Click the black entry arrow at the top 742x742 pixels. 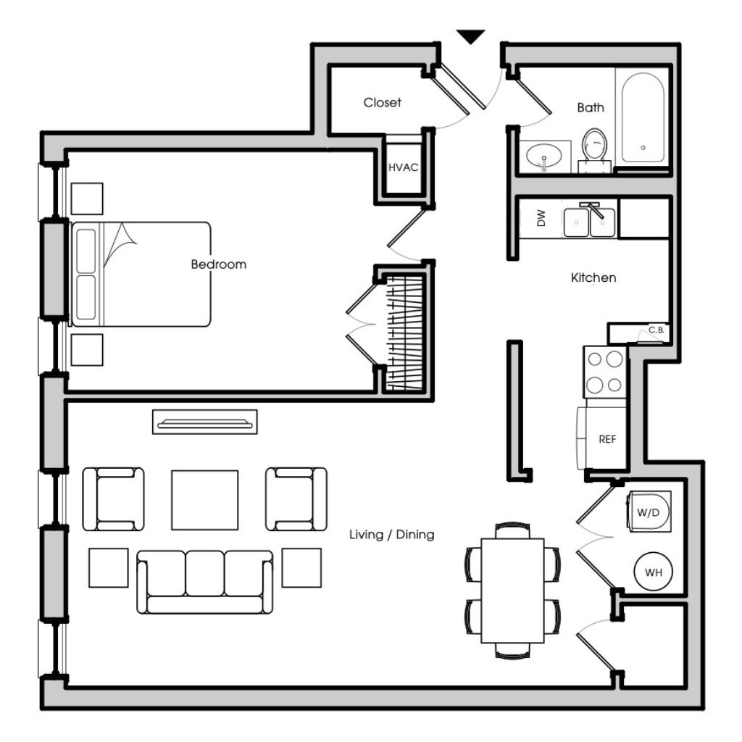[470, 36]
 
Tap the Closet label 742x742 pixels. [382, 102]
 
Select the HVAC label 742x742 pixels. [403, 167]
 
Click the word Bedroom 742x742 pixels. [219, 264]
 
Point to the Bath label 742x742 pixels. [591, 107]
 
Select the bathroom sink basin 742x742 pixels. [544, 156]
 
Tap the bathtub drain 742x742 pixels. [643, 148]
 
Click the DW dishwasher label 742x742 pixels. [541, 218]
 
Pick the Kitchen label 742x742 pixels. [593, 278]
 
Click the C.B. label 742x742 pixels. [656, 330]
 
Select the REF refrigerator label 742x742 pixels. [607, 440]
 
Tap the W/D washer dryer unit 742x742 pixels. [649, 511]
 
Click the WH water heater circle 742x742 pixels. [653, 572]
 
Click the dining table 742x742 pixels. [512, 590]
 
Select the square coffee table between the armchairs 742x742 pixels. [205, 500]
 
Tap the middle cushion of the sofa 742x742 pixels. [205, 573]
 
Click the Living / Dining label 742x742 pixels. [392, 534]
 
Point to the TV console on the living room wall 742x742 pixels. [205, 422]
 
